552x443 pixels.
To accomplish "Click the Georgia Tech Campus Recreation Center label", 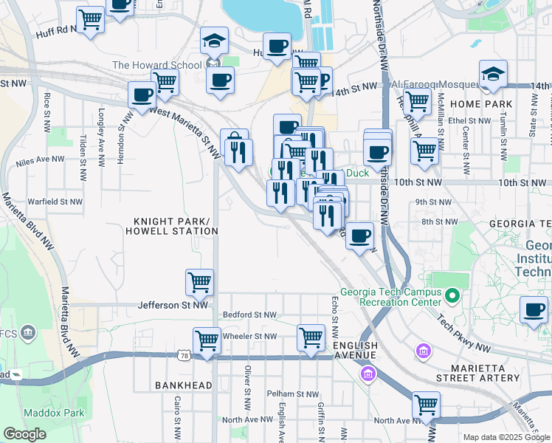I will pyautogui.click(x=391, y=297).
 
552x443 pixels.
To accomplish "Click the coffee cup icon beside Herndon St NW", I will pyautogui.click(x=142, y=95).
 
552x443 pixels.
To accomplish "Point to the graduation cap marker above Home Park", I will pyautogui.click(x=493, y=74).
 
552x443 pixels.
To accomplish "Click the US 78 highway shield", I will pyautogui.click(x=184, y=356).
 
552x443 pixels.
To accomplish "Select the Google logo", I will pyautogui.click(x=24, y=434).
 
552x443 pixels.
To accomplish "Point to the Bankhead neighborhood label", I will pyautogui.click(x=184, y=385).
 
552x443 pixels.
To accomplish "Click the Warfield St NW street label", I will pyautogui.click(x=54, y=200).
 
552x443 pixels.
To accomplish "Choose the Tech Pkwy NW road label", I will pyautogui.click(x=463, y=333).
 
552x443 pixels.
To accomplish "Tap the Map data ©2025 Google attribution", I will pyautogui.click(x=506, y=437).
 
